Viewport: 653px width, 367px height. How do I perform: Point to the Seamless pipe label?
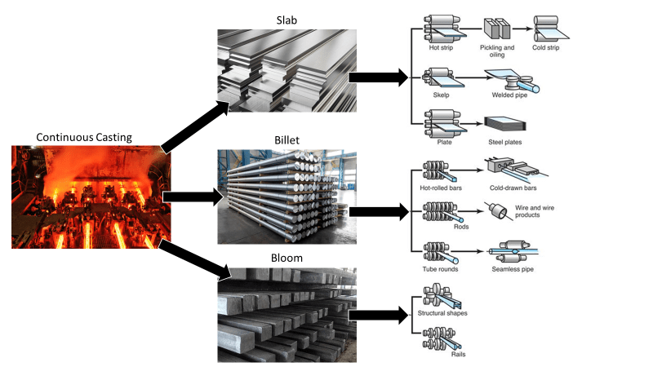[x=513, y=269]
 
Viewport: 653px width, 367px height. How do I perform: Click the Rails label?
[x=441, y=355]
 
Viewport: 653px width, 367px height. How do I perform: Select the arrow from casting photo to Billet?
[x=192, y=196]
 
